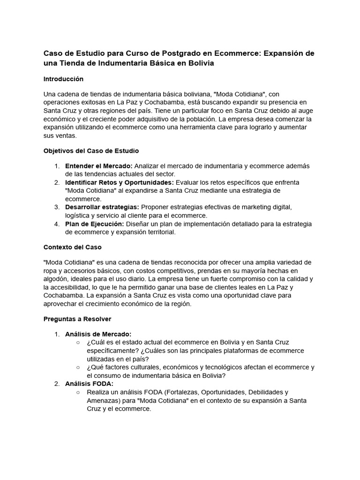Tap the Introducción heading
click(63, 79)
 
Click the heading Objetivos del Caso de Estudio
click(91, 150)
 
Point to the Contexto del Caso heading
click(72, 247)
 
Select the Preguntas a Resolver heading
click(77, 319)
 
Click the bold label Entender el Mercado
click(99, 166)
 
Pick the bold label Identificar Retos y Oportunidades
click(120, 182)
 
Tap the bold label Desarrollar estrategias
click(102, 207)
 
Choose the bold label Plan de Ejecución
click(95, 224)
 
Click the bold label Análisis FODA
click(90, 383)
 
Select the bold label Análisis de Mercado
click(98, 334)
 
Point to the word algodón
click(56, 279)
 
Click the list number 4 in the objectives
click(56, 224)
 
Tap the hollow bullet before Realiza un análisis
click(77, 392)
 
